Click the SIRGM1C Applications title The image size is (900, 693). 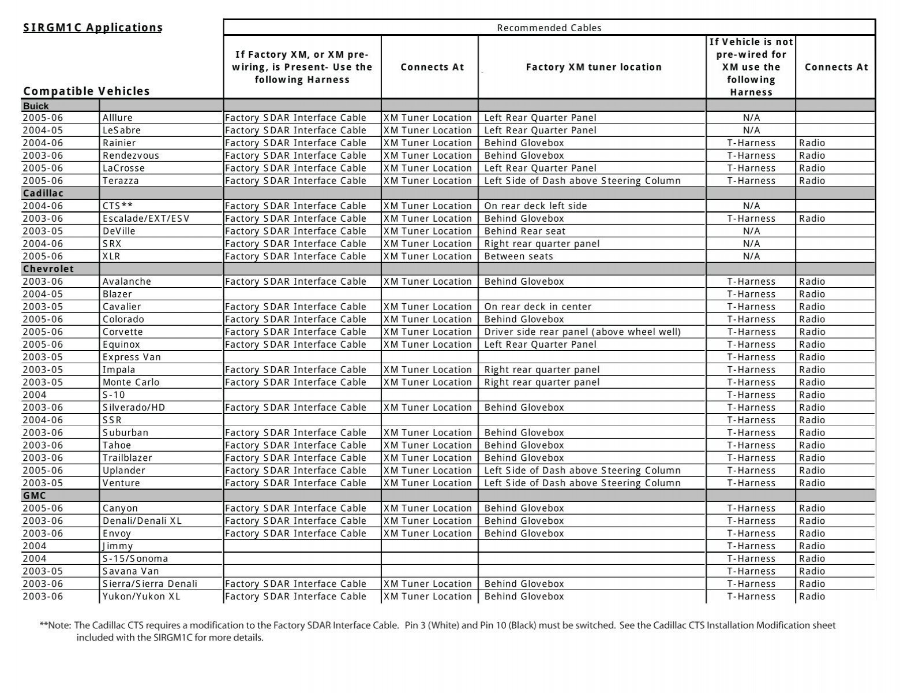click(93, 28)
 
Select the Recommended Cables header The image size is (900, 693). click(549, 28)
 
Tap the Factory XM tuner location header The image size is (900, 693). click(593, 67)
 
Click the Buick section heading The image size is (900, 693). click(36, 106)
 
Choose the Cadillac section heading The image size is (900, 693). click(43, 193)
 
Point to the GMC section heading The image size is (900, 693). click(35, 495)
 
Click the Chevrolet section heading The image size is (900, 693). click(48, 269)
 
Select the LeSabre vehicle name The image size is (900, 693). click(122, 131)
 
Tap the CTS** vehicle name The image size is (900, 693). click(118, 206)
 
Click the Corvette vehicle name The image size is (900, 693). click(122, 332)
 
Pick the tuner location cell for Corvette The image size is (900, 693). click(582, 332)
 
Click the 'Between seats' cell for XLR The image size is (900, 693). click(518, 256)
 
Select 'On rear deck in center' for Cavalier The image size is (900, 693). click(538, 307)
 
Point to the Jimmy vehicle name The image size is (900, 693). click(118, 546)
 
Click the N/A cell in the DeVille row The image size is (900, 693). click(751, 231)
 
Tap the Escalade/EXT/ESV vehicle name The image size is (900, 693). click(146, 219)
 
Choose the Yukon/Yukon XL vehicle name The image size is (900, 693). click(141, 597)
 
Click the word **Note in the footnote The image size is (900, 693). click(55, 625)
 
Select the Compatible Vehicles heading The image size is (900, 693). click(87, 91)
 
